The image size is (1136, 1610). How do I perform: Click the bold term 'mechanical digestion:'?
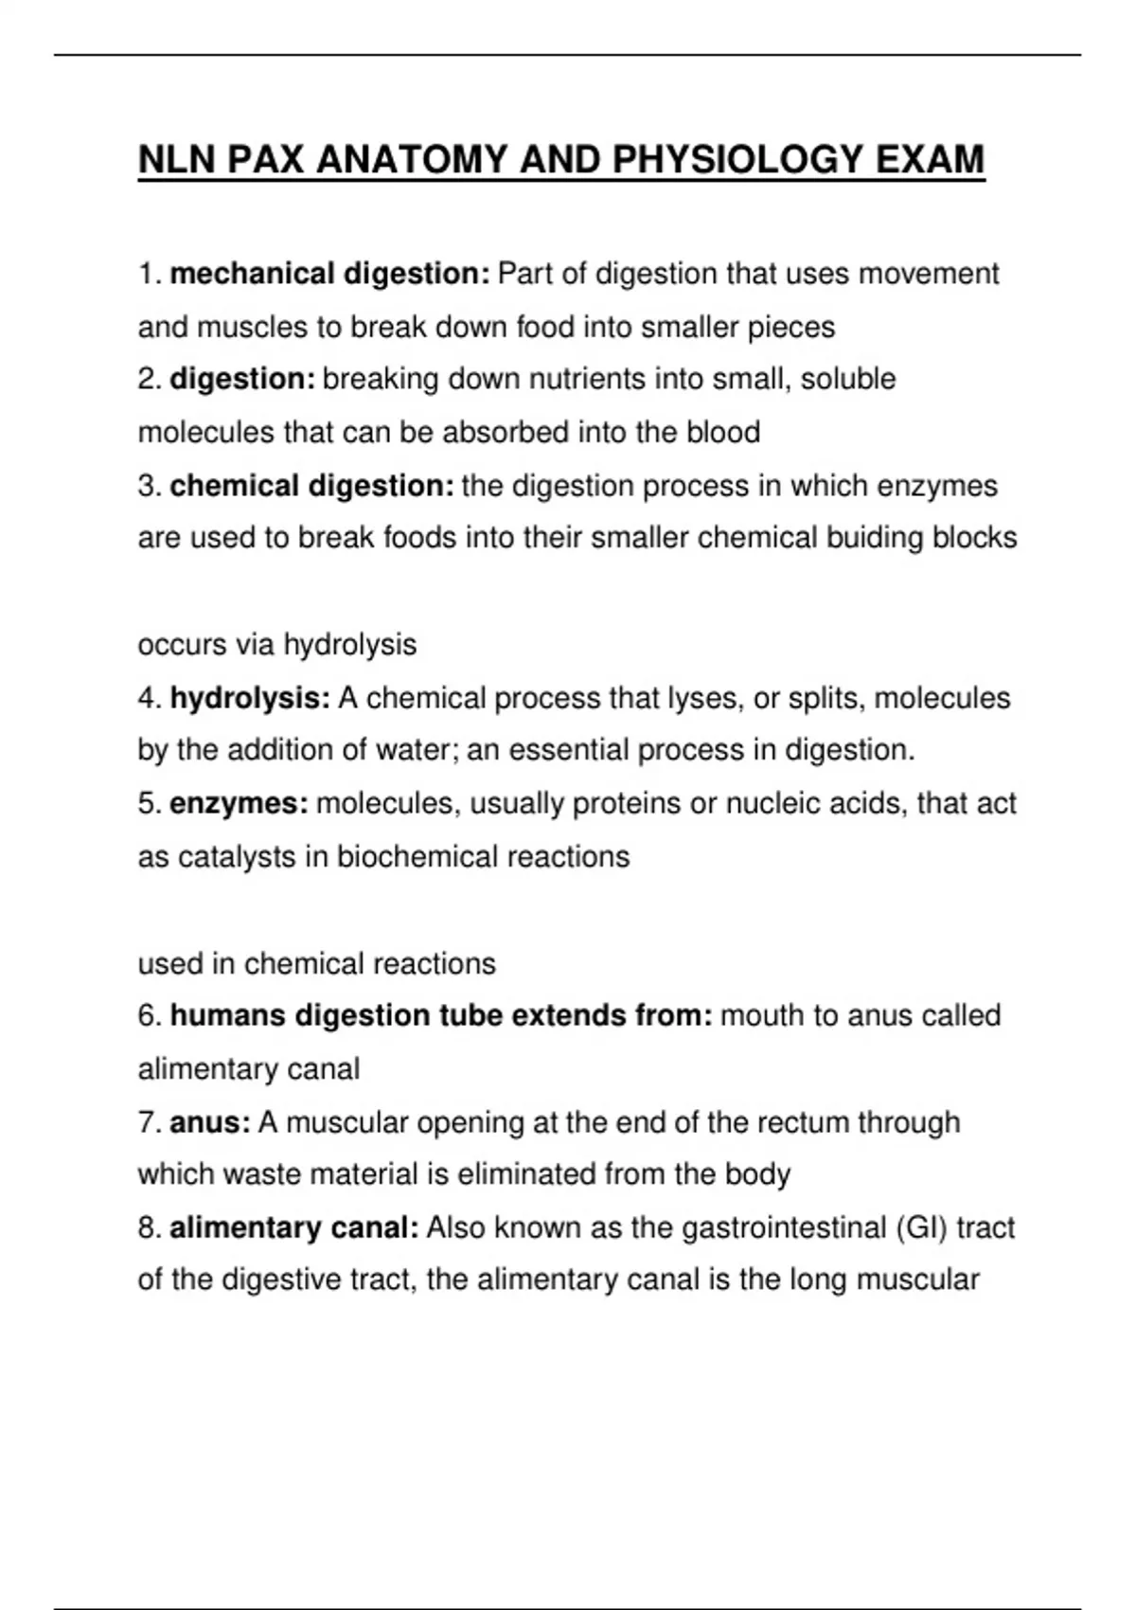[329, 274]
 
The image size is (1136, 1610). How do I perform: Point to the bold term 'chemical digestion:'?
[312, 486]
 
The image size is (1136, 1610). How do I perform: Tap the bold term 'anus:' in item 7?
[210, 1122]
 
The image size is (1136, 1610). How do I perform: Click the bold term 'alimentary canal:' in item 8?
[294, 1227]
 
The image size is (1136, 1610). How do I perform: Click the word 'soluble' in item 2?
[848, 379]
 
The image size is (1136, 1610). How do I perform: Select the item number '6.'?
[151, 1015]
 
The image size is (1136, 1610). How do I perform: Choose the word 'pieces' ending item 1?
[791, 328]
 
